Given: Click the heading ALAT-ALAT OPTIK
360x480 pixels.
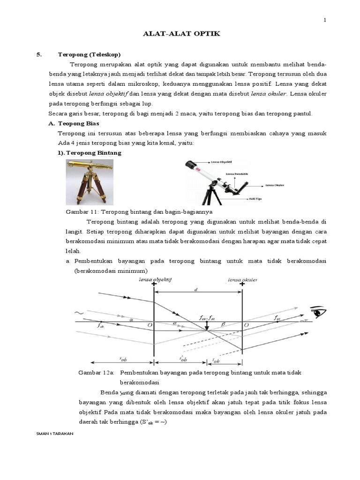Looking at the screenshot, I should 180,34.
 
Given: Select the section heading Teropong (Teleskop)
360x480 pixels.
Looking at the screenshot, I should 90,54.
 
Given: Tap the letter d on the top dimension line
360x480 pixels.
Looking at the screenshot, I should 197,289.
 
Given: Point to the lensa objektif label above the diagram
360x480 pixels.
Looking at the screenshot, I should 156,279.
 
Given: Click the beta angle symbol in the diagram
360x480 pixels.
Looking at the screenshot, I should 223,324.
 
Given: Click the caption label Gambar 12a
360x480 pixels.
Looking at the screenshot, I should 96,372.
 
